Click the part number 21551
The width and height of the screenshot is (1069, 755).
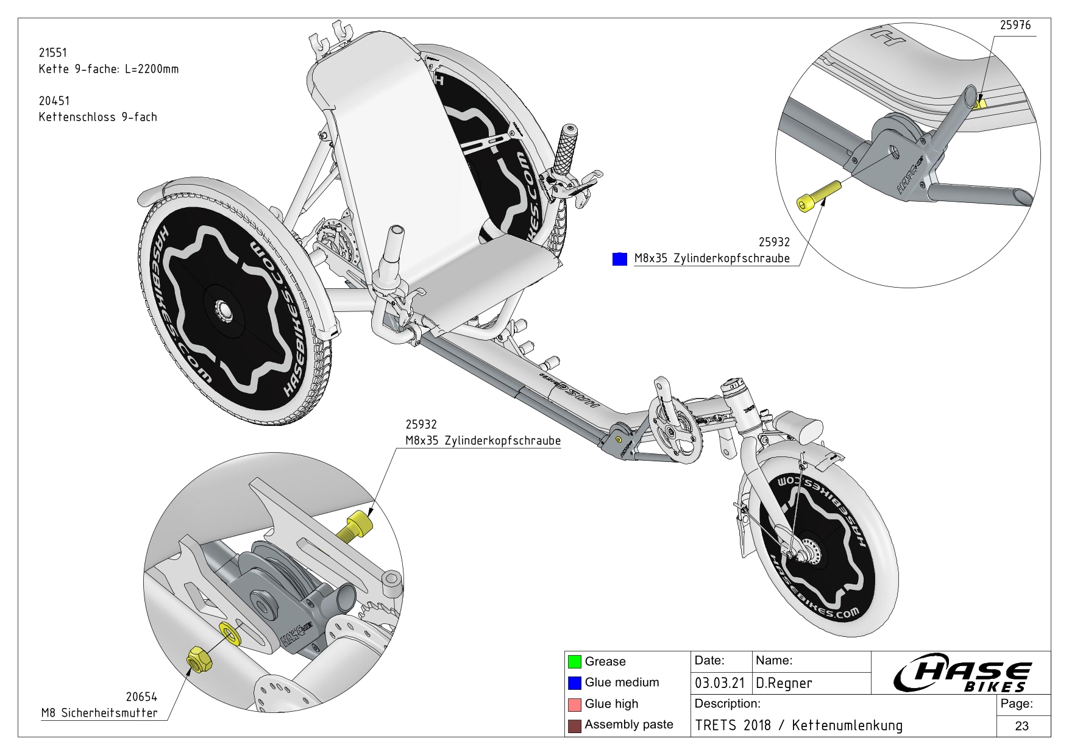[x=53, y=53]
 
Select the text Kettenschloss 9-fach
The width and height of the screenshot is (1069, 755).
[x=98, y=117]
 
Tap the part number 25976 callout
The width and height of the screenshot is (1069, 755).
[x=1015, y=25]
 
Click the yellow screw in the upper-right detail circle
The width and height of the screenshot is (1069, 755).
[x=818, y=196]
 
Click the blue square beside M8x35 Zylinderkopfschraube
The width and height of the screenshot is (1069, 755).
[x=619, y=259]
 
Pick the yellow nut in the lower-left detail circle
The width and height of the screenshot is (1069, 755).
[x=198, y=659]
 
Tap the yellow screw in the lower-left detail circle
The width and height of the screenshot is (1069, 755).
[x=355, y=526]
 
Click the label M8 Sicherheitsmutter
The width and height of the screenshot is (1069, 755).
[x=99, y=713]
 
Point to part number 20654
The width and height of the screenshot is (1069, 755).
[x=141, y=697]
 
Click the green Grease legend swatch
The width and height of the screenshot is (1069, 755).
[x=574, y=661]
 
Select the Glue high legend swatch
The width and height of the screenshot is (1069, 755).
[x=574, y=704]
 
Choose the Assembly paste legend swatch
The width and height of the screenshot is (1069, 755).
[x=574, y=726]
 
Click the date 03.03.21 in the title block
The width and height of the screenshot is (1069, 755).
[x=720, y=683]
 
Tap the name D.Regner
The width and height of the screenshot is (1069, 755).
[x=784, y=683]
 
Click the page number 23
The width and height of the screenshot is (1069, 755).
[x=1022, y=726]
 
